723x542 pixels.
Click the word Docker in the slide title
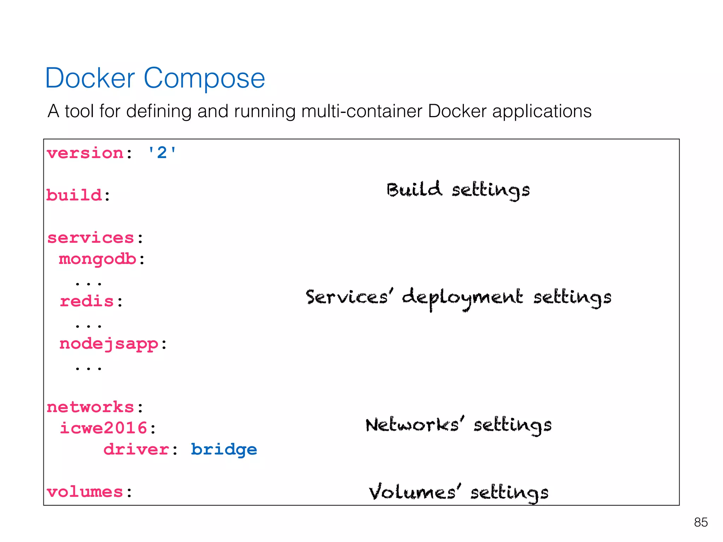(90, 78)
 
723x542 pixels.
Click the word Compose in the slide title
(204, 79)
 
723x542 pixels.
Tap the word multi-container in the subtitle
(361, 111)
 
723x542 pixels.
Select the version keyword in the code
(85, 153)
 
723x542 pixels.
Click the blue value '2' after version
(162, 153)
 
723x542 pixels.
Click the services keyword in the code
(91, 238)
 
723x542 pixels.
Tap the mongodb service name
(97, 259)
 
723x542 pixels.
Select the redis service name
(87, 301)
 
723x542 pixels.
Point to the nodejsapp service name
(109, 344)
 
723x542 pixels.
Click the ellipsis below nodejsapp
(88, 368)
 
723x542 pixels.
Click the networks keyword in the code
(90, 407)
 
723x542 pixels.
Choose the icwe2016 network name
(103, 428)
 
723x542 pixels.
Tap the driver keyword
(136, 450)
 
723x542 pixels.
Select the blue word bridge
(224, 450)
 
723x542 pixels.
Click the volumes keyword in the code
(85, 492)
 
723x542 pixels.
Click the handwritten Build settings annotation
(458, 190)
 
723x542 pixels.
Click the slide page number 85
(701, 522)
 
